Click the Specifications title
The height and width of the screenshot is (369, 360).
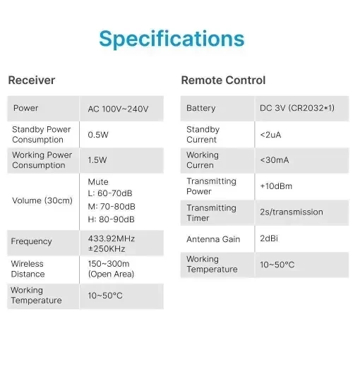point(172,39)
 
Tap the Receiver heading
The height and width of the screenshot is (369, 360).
point(32,80)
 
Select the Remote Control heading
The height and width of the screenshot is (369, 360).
point(223,80)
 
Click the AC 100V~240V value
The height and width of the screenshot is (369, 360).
point(118,109)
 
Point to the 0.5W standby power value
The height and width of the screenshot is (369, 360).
point(98,135)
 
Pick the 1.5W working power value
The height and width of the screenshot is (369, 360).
point(97,160)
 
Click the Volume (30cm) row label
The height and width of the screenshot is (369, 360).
point(42,200)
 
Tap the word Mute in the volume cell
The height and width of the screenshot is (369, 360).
point(98,181)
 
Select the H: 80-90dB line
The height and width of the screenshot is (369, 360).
point(111,219)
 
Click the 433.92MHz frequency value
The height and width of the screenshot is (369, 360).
point(111,238)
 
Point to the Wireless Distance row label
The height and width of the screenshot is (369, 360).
point(28,269)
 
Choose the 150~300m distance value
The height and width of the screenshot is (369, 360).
point(109,264)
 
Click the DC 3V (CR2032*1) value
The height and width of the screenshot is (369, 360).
point(297,108)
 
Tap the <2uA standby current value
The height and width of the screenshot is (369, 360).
point(270,135)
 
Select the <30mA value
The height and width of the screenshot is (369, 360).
point(275,160)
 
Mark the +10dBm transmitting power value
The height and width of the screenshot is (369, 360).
point(276,186)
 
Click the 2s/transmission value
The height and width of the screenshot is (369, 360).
point(292,212)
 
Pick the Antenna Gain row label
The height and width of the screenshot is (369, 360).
point(213,239)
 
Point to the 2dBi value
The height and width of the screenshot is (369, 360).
point(269,238)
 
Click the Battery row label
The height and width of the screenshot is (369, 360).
point(201,108)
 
